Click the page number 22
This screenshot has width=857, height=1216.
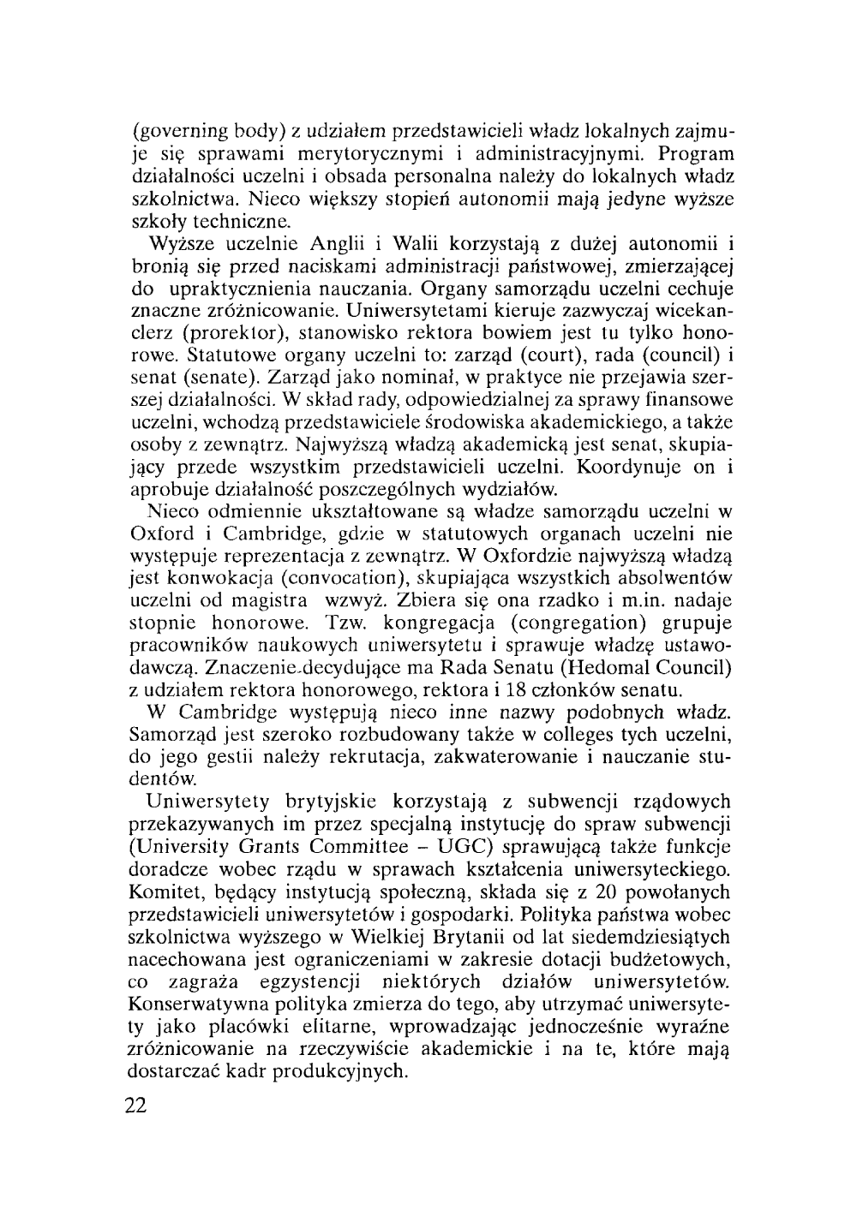[137, 1106]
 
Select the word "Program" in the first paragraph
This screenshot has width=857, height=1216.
[695, 155]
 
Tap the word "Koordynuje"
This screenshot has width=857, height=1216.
[638, 468]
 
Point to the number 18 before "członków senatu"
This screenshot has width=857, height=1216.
[520, 690]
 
